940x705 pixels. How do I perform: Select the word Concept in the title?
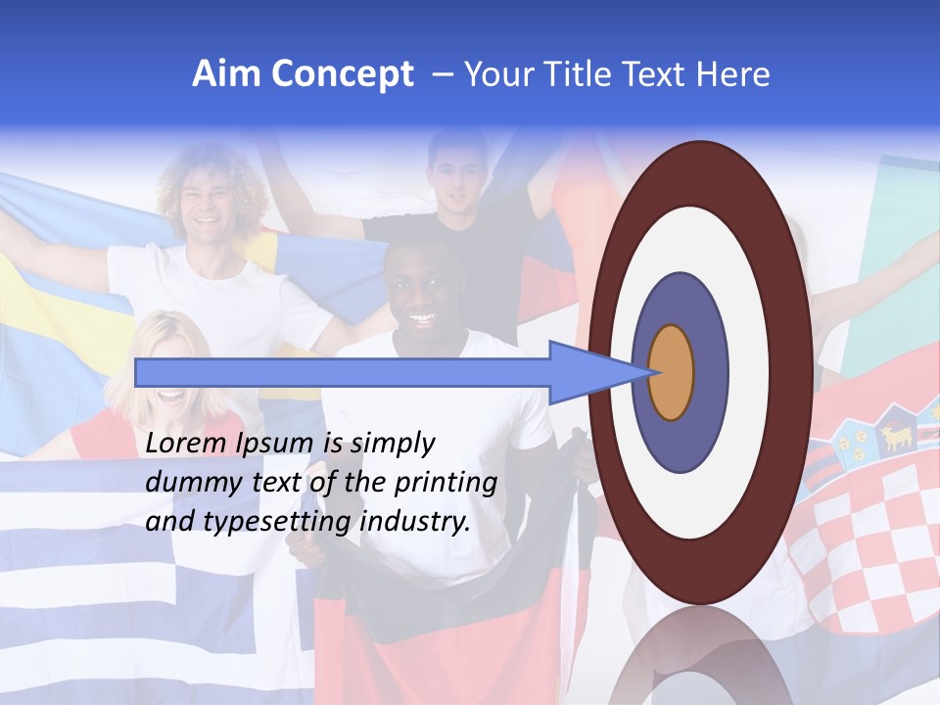[x=342, y=74]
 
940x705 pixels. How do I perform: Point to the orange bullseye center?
[x=672, y=372]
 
